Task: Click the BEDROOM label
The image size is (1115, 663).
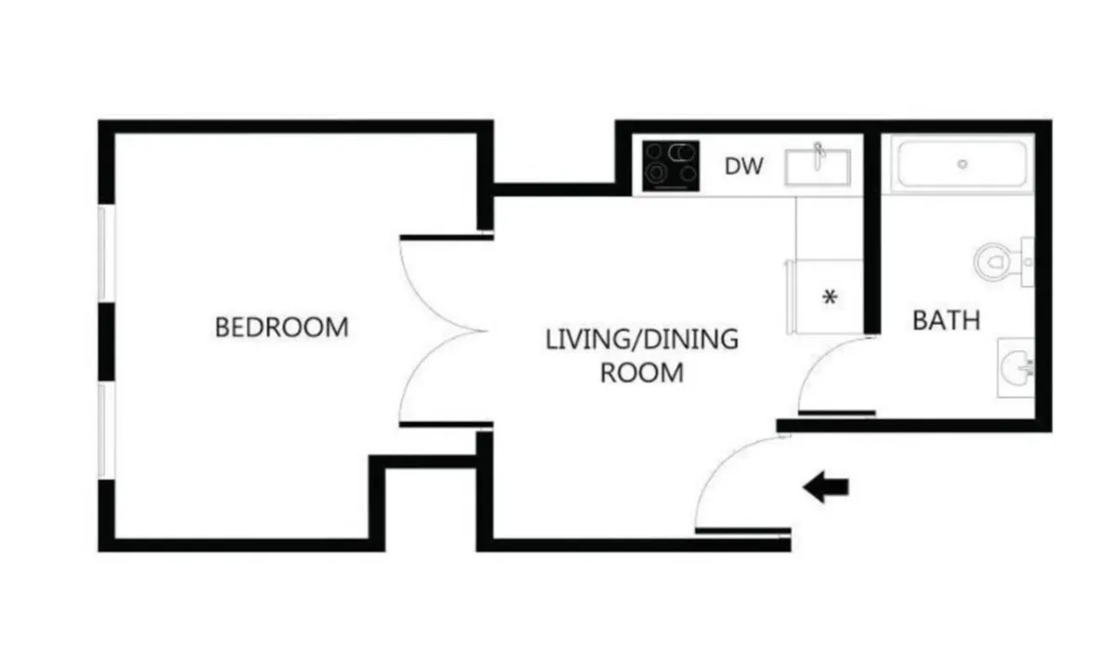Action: pos(282,328)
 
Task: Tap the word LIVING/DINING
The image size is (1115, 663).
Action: pos(641,339)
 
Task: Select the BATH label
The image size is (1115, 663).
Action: pos(946,321)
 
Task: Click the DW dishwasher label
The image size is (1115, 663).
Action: pos(743,167)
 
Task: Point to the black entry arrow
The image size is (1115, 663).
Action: pos(825,487)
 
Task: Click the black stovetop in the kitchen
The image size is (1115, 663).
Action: pos(671,165)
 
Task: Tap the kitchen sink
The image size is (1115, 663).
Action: pos(818,168)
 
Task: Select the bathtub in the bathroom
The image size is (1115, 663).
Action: pos(962,164)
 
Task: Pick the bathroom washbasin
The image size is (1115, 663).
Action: pos(1016,369)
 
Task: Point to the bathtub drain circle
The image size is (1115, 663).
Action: pos(963,164)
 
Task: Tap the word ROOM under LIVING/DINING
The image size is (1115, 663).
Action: pos(641,373)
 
